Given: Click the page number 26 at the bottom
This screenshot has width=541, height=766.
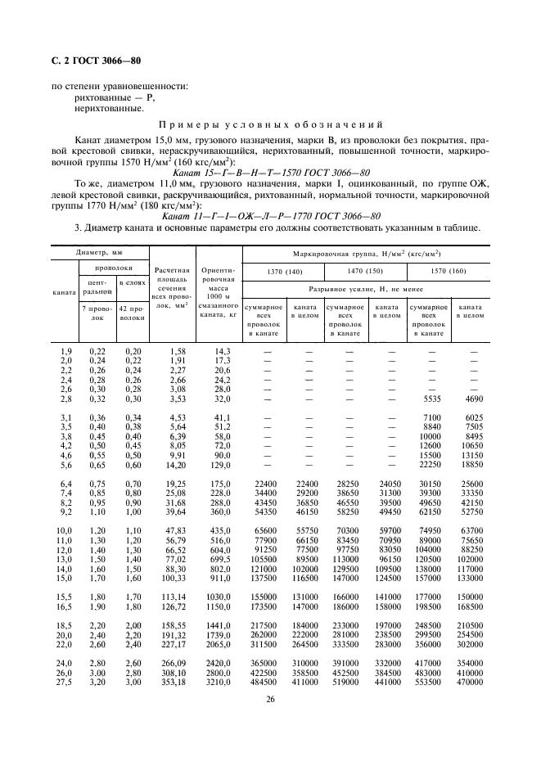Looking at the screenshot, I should (270, 698).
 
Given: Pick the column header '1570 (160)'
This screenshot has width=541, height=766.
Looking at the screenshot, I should (450, 269).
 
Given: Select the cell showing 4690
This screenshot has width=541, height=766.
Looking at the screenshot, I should (472, 398).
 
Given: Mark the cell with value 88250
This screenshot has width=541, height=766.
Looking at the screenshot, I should (472, 529).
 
